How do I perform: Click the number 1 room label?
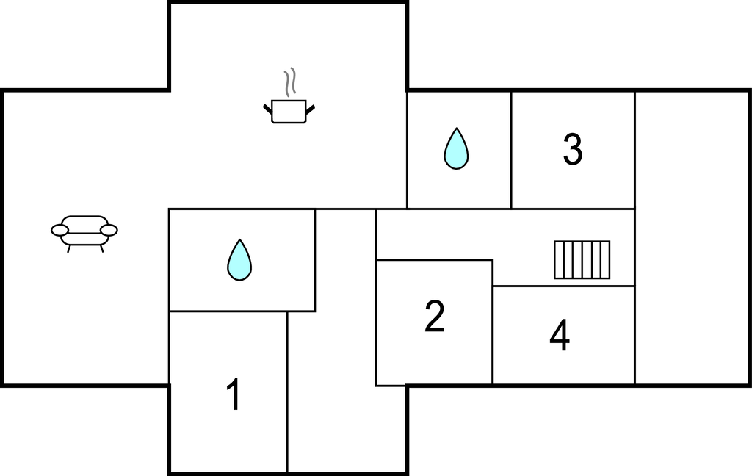234,394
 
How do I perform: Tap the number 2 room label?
435,317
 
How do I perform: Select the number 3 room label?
573,149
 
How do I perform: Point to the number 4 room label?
560,336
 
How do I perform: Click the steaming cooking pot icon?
289,111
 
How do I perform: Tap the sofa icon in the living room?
84,231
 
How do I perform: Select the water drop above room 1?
239,260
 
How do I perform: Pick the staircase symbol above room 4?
582,260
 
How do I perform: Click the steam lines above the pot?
291,83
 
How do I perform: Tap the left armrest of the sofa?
59,231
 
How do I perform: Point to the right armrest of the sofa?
109,231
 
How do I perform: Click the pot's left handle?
268,109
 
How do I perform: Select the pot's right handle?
310,109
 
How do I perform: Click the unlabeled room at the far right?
692,237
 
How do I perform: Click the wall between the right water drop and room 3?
511,149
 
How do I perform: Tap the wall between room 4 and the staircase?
563,286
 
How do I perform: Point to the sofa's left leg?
69,248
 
